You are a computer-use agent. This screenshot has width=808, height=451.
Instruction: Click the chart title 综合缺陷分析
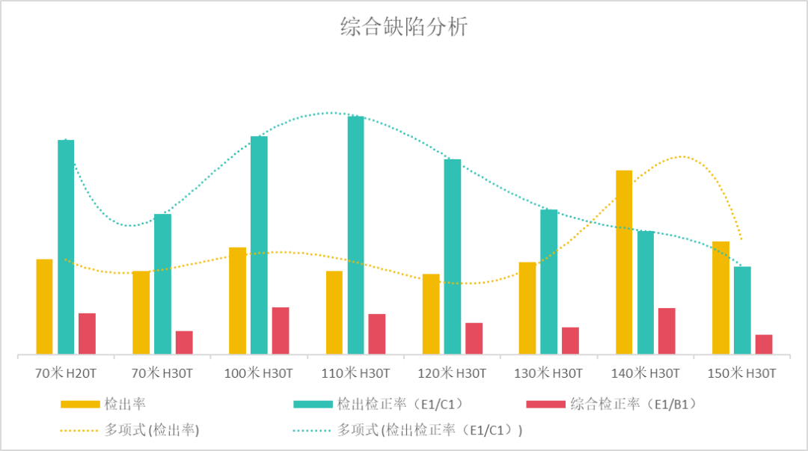pyautogui.click(x=404, y=28)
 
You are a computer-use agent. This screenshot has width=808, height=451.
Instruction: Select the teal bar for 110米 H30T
pyautogui.click(x=355, y=235)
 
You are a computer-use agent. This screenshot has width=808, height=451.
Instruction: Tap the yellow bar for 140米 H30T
pyautogui.click(x=624, y=262)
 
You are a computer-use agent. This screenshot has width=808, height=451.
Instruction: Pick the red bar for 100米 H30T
pyautogui.click(x=281, y=331)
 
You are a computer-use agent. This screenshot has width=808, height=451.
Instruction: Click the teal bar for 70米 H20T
pyautogui.click(x=66, y=247)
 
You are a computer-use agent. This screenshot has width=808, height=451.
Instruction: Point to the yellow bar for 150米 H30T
pyautogui.click(x=720, y=298)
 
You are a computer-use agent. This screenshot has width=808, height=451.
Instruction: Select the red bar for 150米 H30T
pyautogui.click(x=764, y=344)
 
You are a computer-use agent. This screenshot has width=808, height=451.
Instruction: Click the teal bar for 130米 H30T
pyautogui.click(x=548, y=281)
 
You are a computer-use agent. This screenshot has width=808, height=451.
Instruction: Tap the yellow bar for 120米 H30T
pyautogui.click(x=431, y=314)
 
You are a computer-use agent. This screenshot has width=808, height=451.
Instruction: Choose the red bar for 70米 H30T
pyautogui.click(x=184, y=343)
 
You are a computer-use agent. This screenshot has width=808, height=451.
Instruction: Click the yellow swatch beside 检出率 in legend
pyautogui.click(x=80, y=405)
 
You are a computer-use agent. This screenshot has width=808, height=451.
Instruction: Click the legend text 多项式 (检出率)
pyautogui.click(x=153, y=430)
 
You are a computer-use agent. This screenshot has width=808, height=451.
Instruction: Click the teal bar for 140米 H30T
pyautogui.click(x=645, y=292)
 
